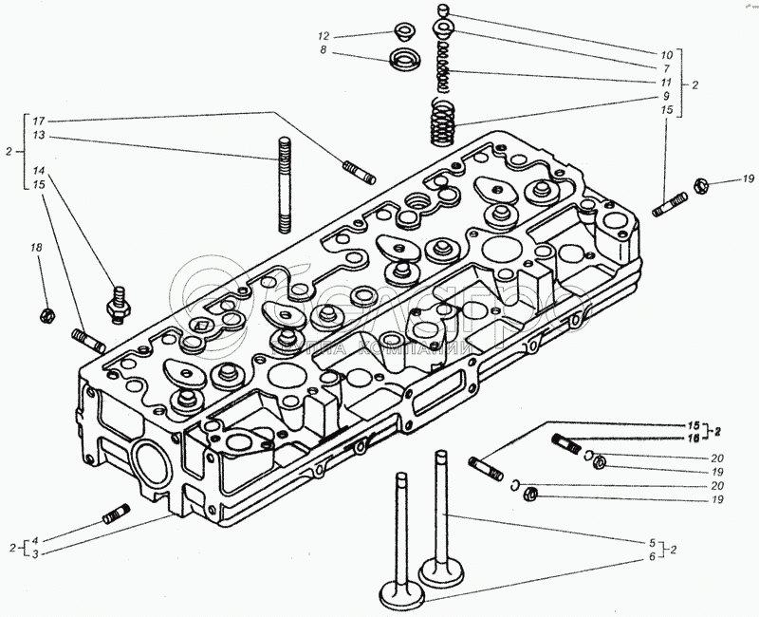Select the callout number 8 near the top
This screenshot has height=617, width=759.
[x=324, y=51]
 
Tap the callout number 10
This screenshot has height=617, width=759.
[x=666, y=55]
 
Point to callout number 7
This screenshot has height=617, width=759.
[x=666, y=68]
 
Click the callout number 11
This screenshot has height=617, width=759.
[x=666, y=82]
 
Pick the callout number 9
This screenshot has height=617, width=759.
[x=666, y=96]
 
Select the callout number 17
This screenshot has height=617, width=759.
[x=38, y=121]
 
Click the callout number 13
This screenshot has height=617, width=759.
[x=38, y=137]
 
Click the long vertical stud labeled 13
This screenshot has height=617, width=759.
[x=284, y=185]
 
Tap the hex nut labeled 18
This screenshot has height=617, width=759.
[x=45, y=313]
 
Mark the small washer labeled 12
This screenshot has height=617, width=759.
[x=400, y=31]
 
